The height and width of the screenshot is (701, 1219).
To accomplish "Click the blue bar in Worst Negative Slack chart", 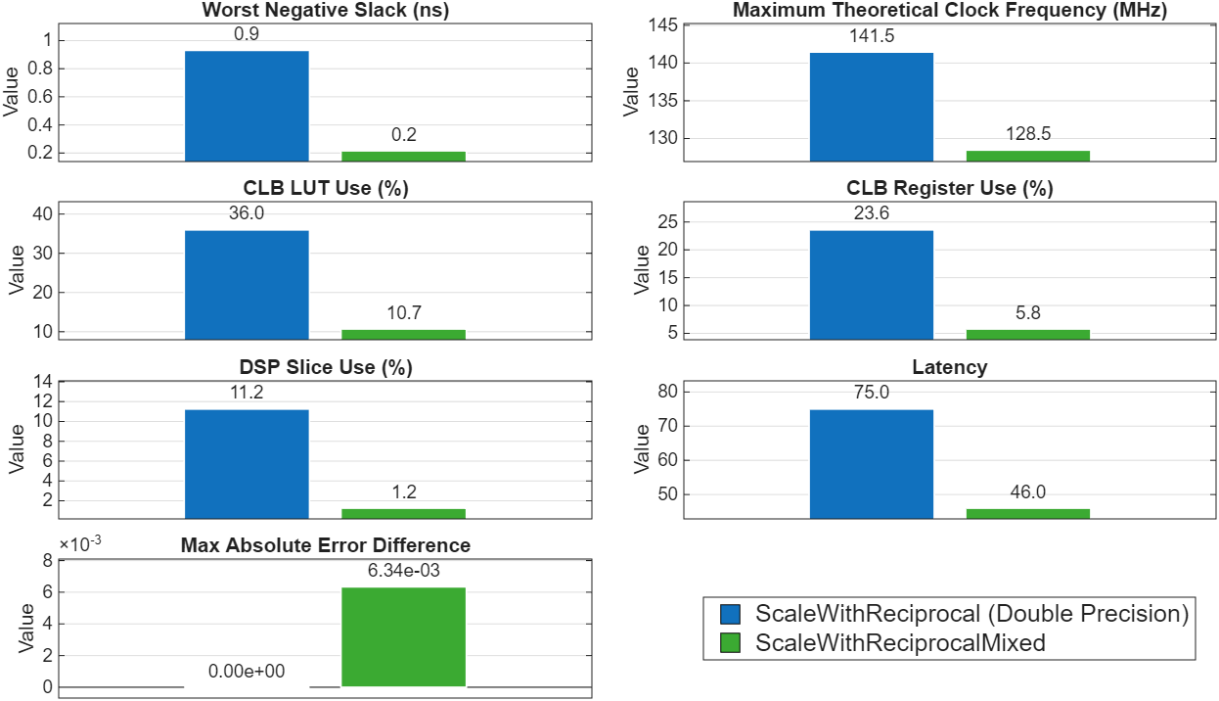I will coord(247,106).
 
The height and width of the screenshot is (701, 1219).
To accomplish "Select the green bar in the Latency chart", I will coord(1027,513).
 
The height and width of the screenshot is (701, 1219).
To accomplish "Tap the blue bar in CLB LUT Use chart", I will coord(247,285).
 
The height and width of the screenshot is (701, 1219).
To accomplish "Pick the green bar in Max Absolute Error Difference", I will coord(403,636).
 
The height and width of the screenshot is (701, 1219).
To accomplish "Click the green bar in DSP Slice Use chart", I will coord(403,513).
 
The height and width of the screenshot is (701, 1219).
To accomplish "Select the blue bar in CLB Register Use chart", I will coord(871,285).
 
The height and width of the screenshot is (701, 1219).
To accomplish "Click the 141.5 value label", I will coord(872,36).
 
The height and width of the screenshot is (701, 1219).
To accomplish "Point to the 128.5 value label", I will coord(1028,134).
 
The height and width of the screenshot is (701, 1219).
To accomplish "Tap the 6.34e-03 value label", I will coord(403,571).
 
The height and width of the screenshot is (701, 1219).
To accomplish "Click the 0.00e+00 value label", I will coord(247,672).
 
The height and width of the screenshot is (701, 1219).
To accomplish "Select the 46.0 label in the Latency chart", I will coord(1028,492).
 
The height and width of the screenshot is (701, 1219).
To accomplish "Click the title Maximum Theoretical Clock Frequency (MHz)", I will coord(950,11).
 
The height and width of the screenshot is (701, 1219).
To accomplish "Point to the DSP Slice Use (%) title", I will coord(326,367).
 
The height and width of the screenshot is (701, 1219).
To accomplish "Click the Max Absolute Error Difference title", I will coord(326,545).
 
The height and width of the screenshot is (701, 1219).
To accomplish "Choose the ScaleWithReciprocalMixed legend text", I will coord(900,643).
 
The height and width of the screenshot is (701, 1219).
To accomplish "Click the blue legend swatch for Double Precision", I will coord(730,614).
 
